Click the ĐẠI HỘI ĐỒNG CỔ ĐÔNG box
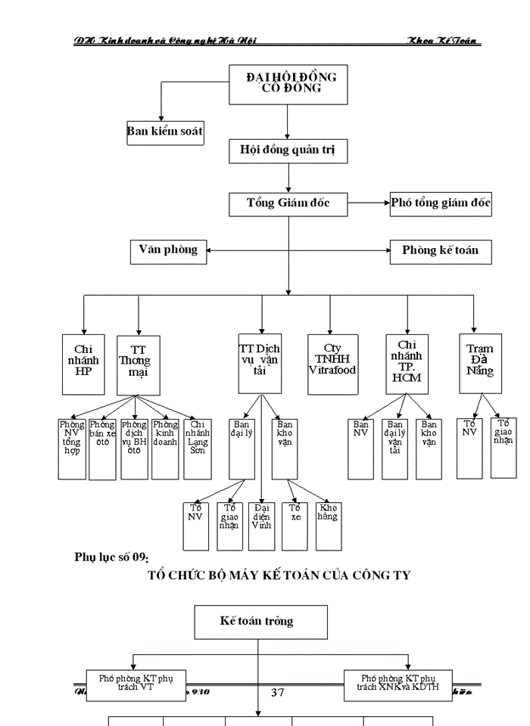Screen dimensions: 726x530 pos(288,83)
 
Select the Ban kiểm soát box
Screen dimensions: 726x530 pos(164,132)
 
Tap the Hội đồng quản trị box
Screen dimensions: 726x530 pos(288,150)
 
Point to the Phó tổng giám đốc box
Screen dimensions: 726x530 pos(440,203)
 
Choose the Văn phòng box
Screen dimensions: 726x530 pos(168,250)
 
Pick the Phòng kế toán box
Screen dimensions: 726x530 pos(440,250)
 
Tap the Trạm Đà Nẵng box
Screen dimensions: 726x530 pos(480,364)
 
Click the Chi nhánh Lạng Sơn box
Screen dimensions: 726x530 pos(197,448)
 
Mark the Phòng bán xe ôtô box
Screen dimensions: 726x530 pos(102,448)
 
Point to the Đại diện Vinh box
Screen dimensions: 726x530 pos(262,525)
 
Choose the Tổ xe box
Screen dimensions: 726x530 pos(295,525)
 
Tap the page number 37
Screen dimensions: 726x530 pos(277,692)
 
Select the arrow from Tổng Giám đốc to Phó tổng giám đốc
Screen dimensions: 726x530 pos(368,203)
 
